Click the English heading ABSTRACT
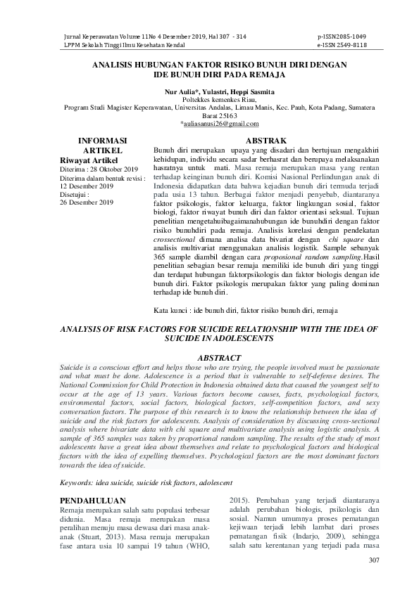tap(222, 358)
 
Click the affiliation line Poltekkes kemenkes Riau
tap(210, 100)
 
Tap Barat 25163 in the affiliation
tap(210, 115)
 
